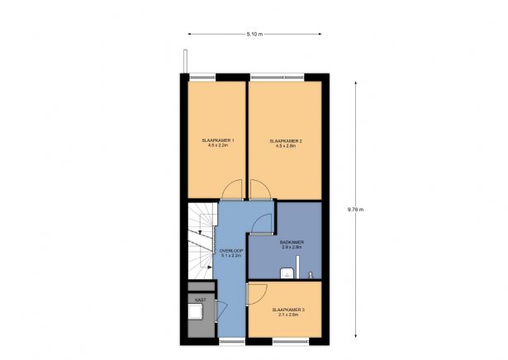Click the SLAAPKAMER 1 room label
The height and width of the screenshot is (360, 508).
click(219, 141)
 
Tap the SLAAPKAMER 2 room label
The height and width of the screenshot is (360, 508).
click(286, 141)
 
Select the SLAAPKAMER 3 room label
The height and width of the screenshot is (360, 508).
click(288, 310)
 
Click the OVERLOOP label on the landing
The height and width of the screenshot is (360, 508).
click(230, 250)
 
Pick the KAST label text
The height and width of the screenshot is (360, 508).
click(200, 299)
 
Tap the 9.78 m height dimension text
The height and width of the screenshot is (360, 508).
click(357, 209)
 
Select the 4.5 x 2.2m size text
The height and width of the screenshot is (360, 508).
click(219, 146)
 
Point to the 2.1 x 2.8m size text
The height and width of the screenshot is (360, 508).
click(288, 315)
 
